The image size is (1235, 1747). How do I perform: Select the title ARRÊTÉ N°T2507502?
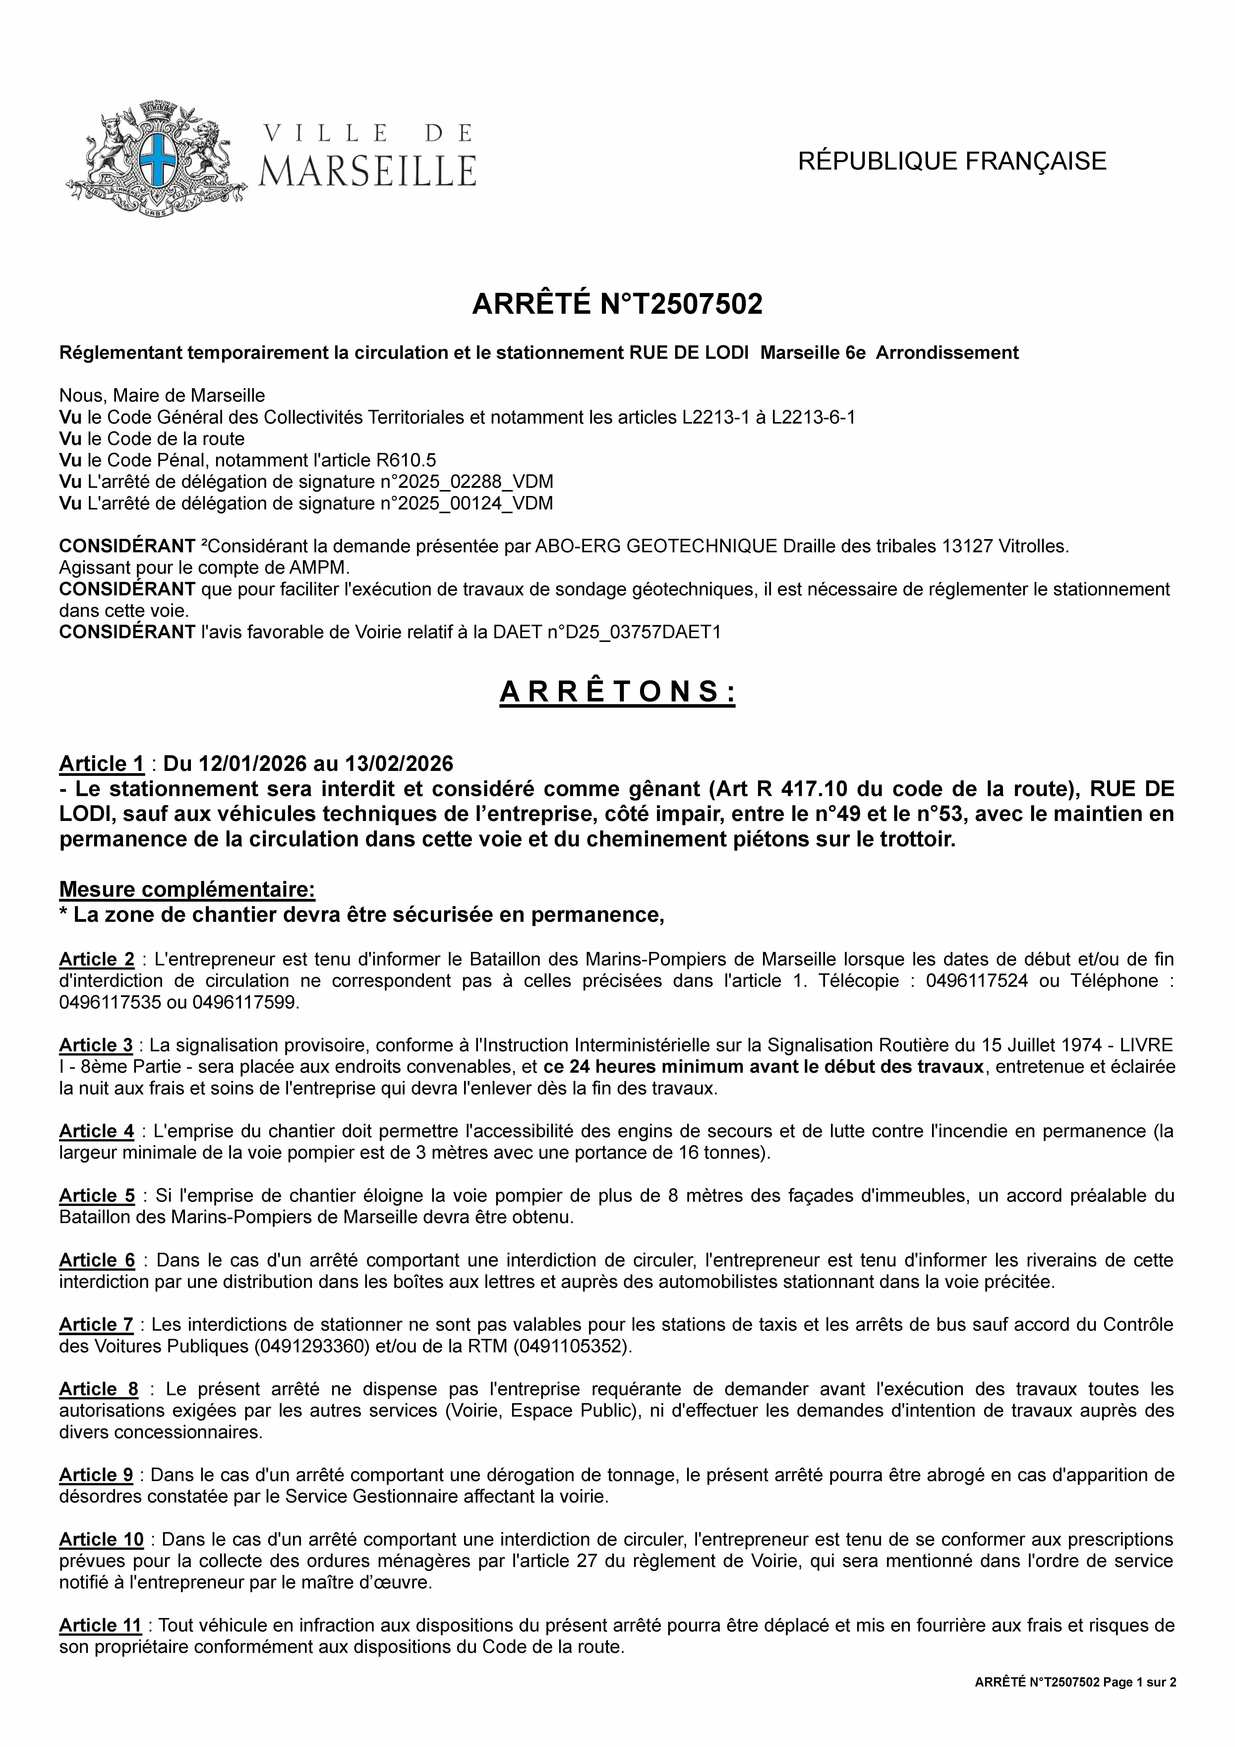pyautogui.click(x=617, y=304)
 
